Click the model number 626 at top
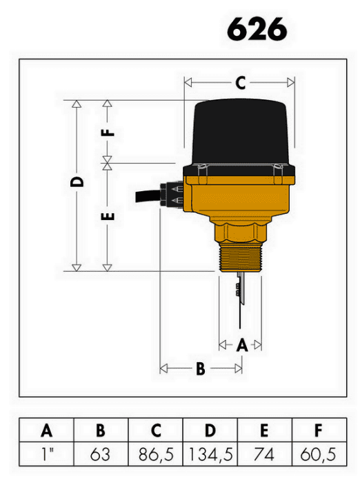pos(257,29)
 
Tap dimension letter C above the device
pos(241,83)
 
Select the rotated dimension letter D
pos(77,181)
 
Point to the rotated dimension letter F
pos(108,132)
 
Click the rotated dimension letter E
pos(108,217)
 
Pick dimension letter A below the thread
pos(242,345)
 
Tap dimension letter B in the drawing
pos(201,368)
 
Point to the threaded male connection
pos(240,257)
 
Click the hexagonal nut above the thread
pos(240,231)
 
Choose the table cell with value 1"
pos(46,454)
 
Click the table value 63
pos(101,455)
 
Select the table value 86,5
pos(156,455)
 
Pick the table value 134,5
pos(210,455)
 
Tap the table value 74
pos(264,455)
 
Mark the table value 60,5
pos(318,455)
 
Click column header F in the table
pos(319,431)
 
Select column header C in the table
pos(156,431)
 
